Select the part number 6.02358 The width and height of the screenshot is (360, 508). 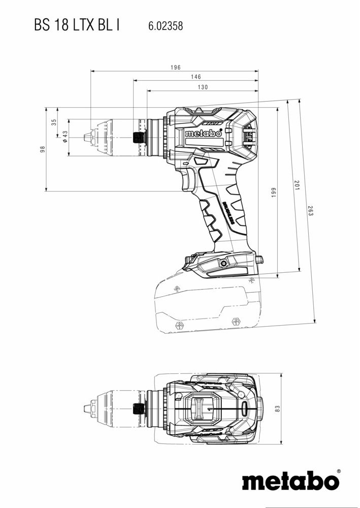click(x=166, y=25)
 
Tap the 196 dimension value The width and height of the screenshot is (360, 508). click(x=176, y=68)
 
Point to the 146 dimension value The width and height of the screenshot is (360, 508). click(x=195, y=77)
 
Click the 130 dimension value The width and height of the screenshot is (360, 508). click(x=202, y=87)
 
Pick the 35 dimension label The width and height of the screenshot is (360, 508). click(x=54, y=122)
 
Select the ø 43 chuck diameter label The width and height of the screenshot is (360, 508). click(x=65, y=137)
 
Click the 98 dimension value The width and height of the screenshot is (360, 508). click(x=43, y=149)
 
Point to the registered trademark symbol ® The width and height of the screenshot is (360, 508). click(x=339, y=472)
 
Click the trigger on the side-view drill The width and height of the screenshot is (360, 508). click(x=189, y=181)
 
